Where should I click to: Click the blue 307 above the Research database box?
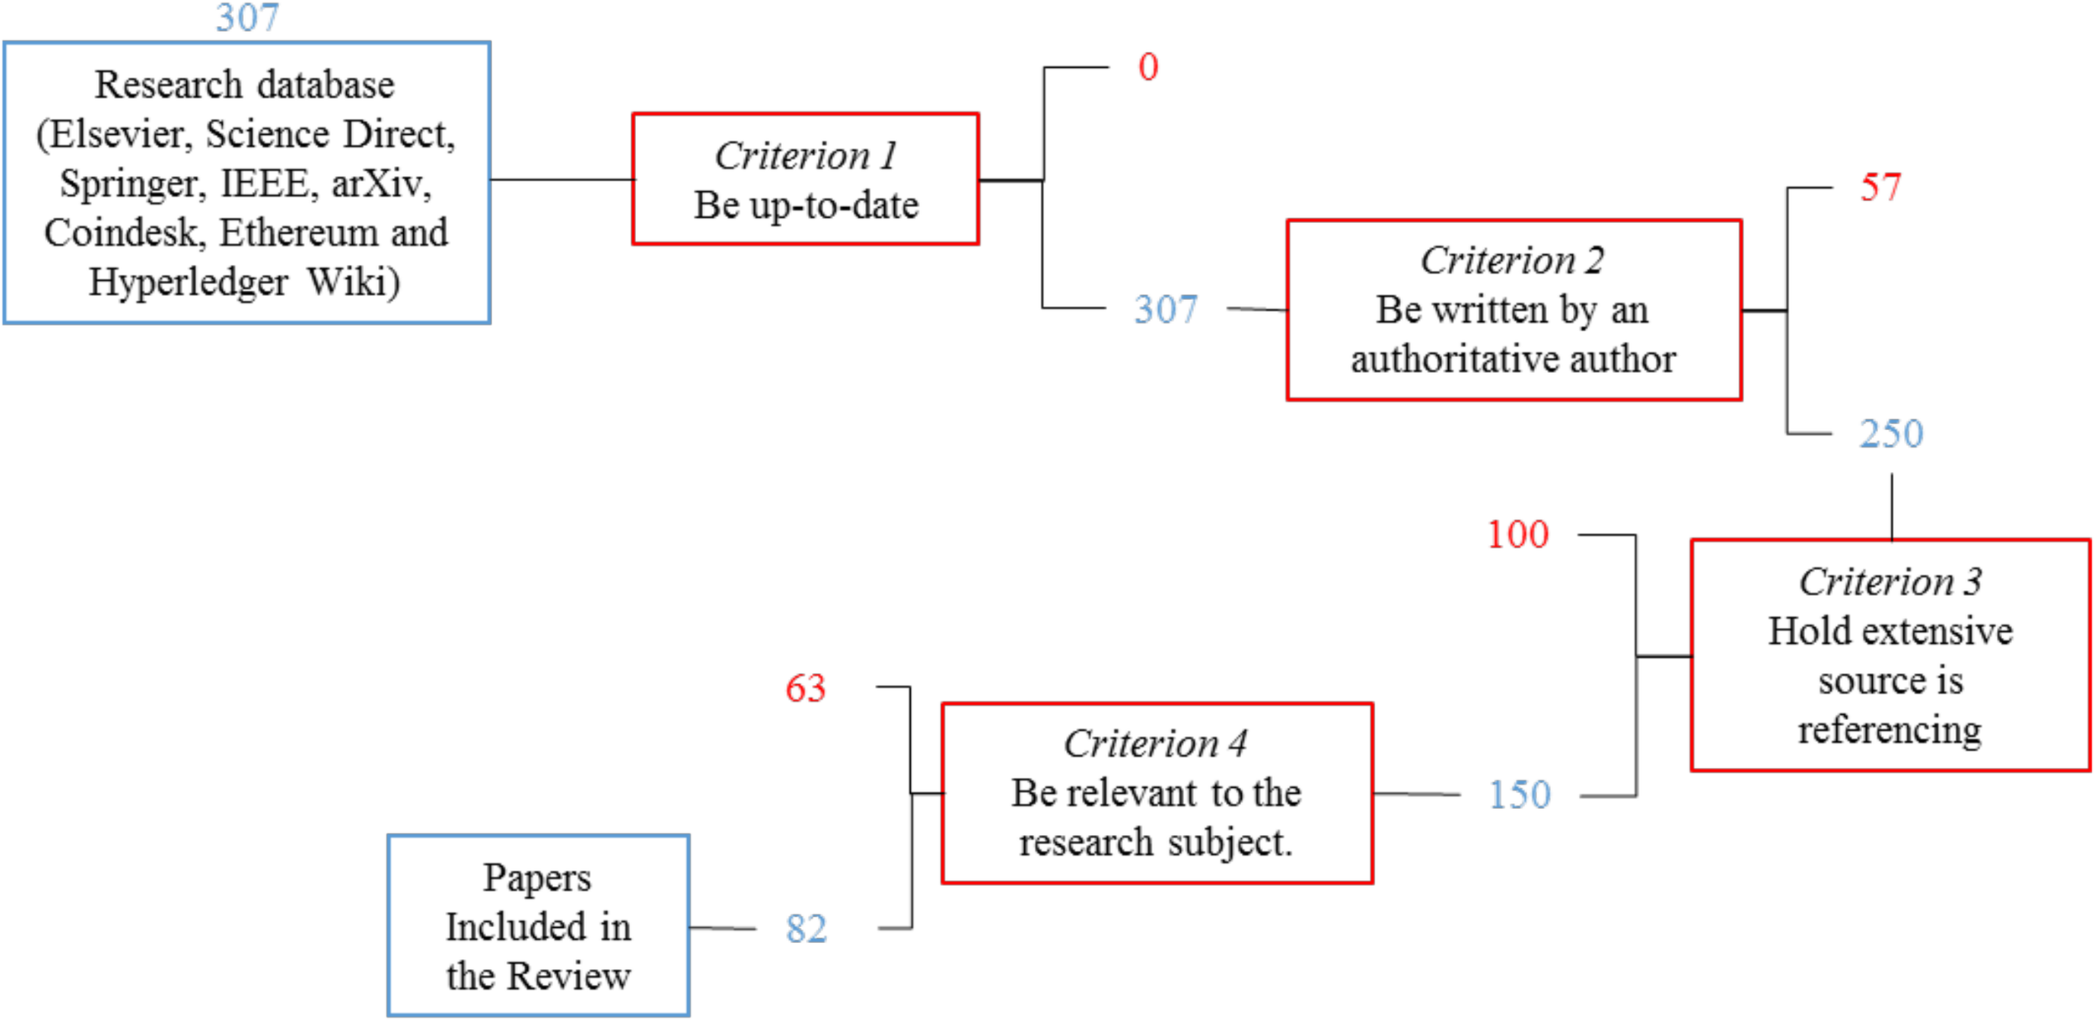[x=247, y=17]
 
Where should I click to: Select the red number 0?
[x=1148, y=67]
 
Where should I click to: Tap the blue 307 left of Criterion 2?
[x=1166, y=309]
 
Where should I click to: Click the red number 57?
[x=1880, y=187]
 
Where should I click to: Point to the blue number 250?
[x=1891, y=433]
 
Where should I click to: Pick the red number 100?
[x=1518, y=535]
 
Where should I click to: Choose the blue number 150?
[x=1519, y=795]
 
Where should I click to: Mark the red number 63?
[x=805, y=688]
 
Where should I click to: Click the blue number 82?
[x=806, y=929]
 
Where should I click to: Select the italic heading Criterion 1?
[x=805, y=156]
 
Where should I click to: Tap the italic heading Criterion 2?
[x=1513, y=261]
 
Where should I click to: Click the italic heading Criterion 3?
[x=1891, y=582]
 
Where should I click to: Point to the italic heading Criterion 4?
[x=1156, y=744]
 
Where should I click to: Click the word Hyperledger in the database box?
[x=188, y=282]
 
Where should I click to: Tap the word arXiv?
[x=381, y=184]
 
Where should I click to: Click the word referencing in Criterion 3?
[x=1890, y=730]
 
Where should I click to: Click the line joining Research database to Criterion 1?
[x=561, y=179]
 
